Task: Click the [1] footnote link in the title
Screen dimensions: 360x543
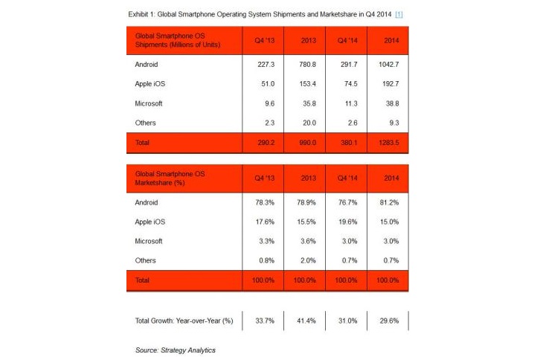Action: click(399, 15)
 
